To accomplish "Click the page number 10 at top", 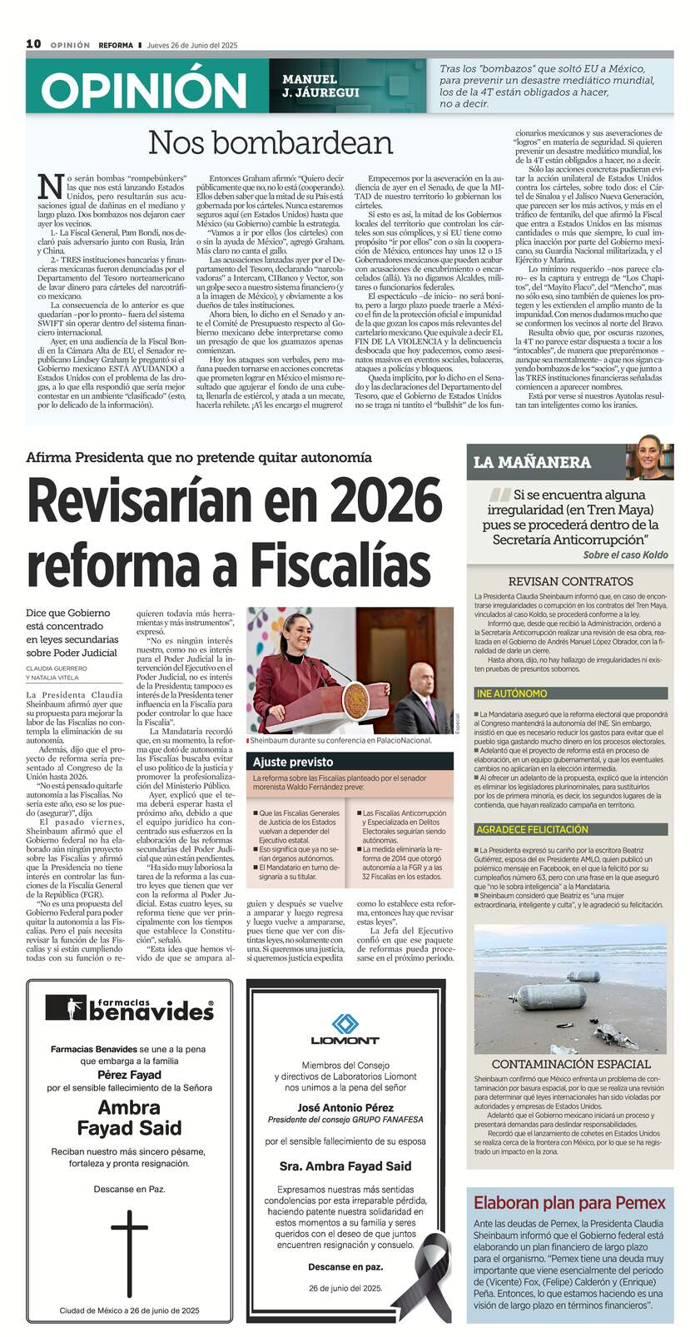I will point(33,44).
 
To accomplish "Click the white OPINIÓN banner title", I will point(144,90).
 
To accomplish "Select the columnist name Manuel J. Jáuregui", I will point(320,86).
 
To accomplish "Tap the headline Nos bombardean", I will point(271,143).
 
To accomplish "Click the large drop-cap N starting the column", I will point(51,188).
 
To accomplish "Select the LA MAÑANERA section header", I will point(532,462).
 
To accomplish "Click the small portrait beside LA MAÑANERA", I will point(649,461).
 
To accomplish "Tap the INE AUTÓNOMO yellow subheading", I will point(512,693).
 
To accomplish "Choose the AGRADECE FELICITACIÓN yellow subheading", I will point(532,829).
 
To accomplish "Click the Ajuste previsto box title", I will point(293,762).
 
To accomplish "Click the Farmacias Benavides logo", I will point(129,1008).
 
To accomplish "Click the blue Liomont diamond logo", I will point(345,1023).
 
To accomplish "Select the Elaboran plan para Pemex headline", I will point(569,1202).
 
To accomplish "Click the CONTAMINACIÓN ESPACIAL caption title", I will point(570,1064).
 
